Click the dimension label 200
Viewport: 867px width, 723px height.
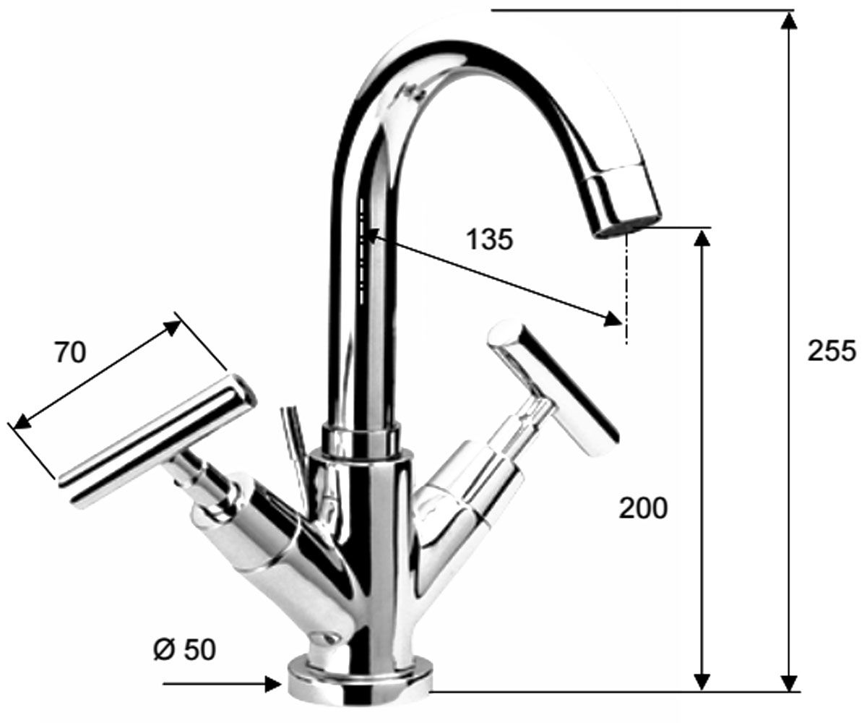643,508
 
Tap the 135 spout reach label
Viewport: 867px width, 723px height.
490,240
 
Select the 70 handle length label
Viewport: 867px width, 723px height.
71,354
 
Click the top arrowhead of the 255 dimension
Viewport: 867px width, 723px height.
788,20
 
